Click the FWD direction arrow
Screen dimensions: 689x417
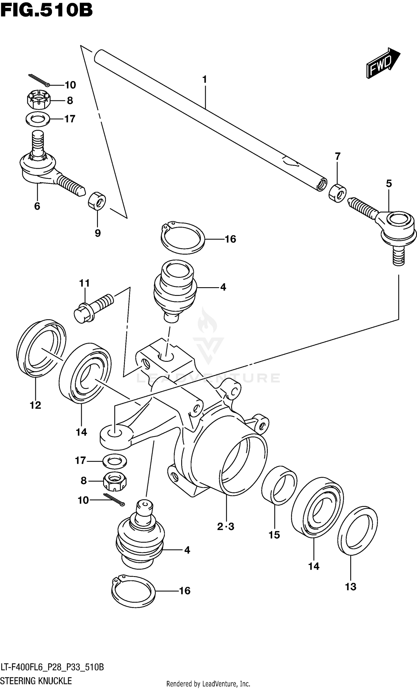coord(383,63)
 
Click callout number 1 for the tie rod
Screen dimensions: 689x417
coord(205,80)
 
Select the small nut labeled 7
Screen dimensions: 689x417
coord(337,193)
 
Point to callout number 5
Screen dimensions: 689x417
coord(389,184)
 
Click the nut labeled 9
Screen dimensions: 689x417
coord(97,200)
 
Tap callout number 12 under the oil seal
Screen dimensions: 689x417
coord(36,405)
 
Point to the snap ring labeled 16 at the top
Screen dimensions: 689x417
coord(183,238)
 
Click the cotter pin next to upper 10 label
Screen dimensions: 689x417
coord(39,80)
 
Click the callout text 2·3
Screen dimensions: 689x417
coord(225,527)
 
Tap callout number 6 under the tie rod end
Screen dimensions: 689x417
coord(37,206)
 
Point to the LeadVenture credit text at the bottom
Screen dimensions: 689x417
coord(208,684)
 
